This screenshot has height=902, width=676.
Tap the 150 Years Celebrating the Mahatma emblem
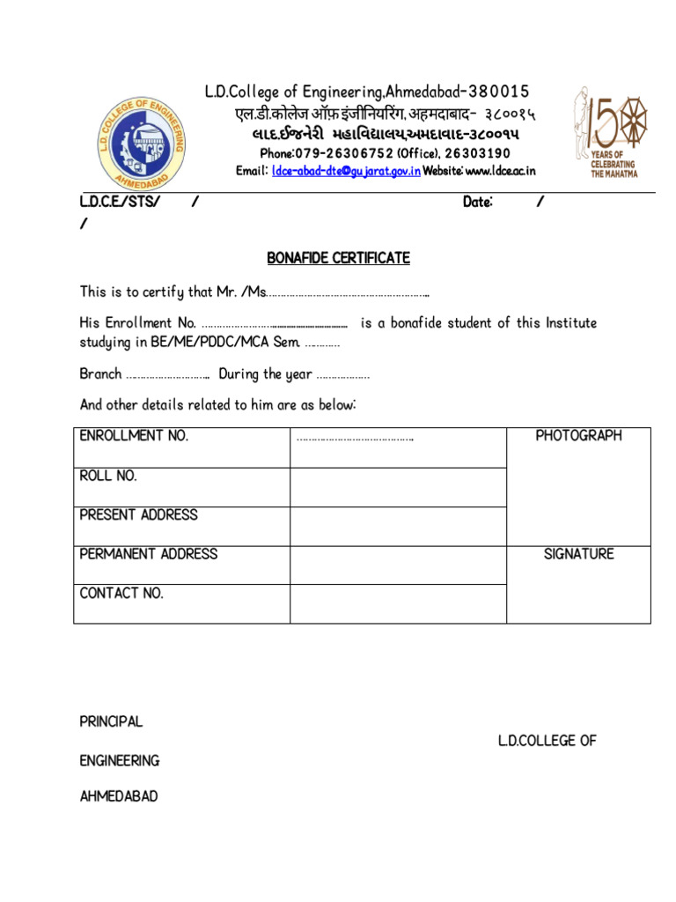(607, 132)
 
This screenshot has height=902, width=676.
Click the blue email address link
(346, 171)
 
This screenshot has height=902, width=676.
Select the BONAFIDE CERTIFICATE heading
(339, 258)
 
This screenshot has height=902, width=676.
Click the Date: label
(478, 203)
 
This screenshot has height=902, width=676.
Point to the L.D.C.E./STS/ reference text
(120, 203)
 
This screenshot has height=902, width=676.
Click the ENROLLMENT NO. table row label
(134, 436)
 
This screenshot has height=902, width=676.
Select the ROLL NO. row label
(108, 476)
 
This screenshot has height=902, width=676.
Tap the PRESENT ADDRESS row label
(139, 514)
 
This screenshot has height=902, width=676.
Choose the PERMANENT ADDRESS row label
(149, 554)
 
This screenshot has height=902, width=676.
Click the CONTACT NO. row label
(121, 593)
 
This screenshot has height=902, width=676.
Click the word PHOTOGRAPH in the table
(578, 436)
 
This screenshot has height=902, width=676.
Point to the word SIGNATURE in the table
(578, 554)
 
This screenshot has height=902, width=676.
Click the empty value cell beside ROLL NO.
(398, 487)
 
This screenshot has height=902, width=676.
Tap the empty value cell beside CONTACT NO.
(398, 604)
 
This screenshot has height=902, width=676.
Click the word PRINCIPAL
(111, 721)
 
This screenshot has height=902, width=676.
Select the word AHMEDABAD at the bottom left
(119, 796)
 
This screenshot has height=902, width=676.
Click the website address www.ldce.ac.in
(500, 171)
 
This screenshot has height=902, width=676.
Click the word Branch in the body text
(100, 374)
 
